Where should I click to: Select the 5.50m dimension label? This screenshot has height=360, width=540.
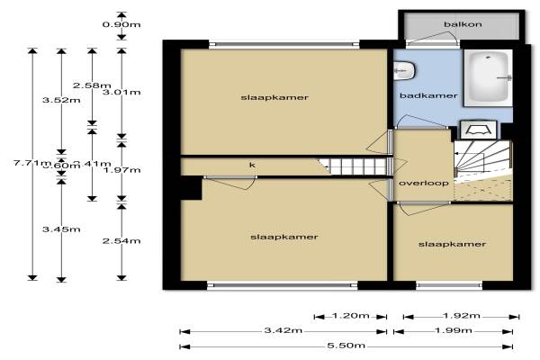346,346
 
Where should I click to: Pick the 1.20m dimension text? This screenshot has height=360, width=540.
351,316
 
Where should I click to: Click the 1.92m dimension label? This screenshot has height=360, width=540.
461,316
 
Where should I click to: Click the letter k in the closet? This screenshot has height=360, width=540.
252,165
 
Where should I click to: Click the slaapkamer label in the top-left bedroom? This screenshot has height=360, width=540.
268,97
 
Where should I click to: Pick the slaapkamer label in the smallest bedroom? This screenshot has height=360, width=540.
452,244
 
